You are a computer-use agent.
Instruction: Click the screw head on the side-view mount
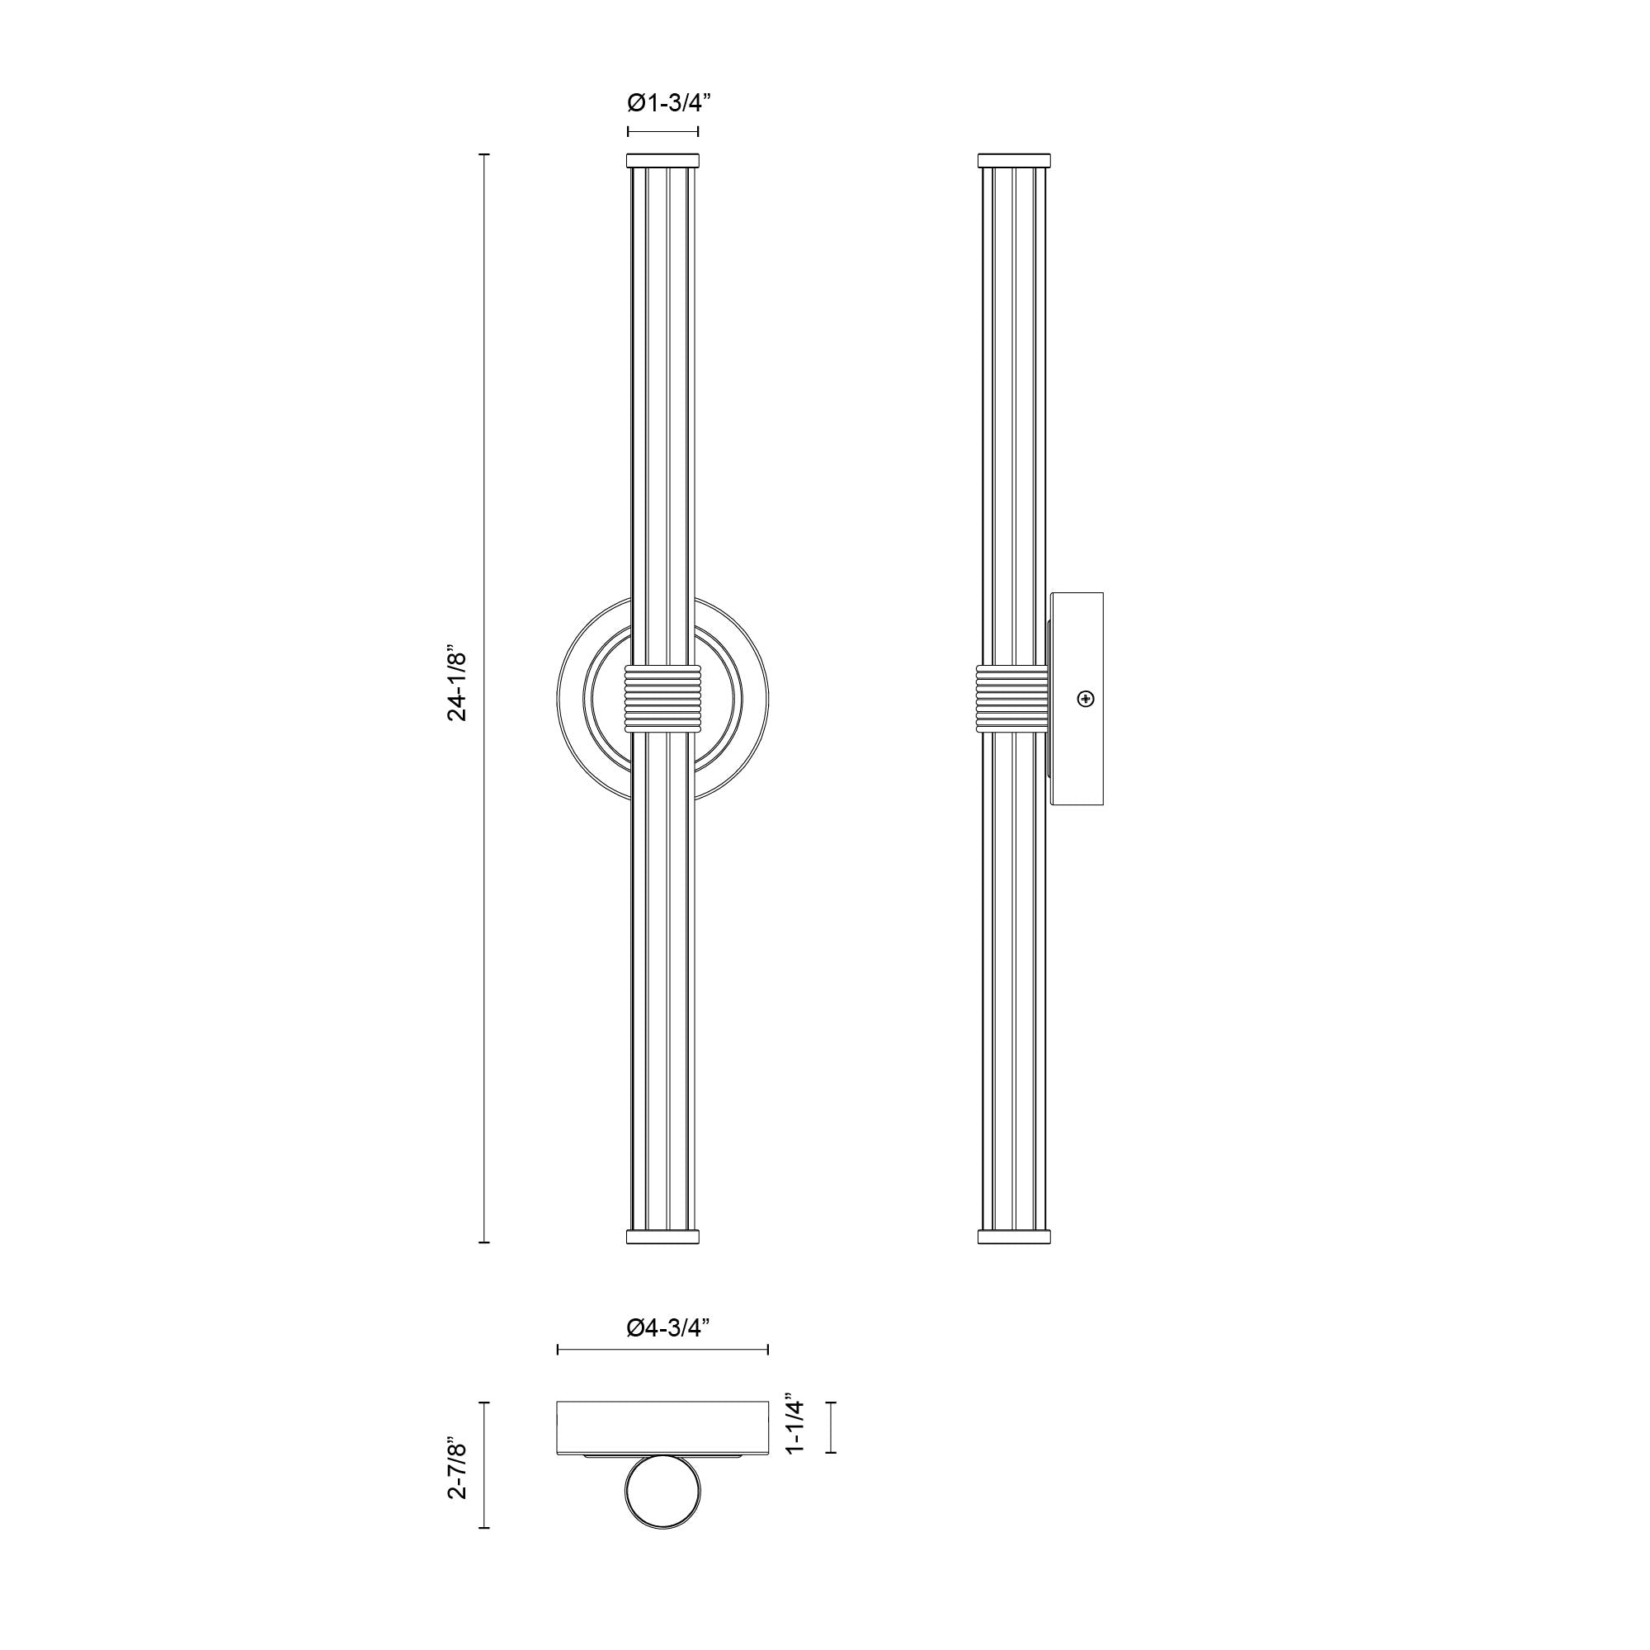click(1086, 699)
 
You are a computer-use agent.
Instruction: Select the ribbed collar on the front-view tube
click(662, 698)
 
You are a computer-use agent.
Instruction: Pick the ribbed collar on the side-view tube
click(1013, 698)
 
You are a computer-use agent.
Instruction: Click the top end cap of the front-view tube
click(662, 161)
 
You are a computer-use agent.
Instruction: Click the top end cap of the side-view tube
click(1014, 161)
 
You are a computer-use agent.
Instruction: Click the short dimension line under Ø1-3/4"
click(662, 131)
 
